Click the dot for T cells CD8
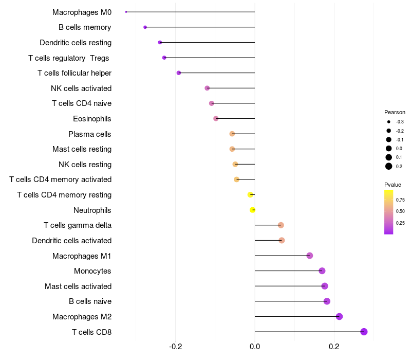pyautogui.click(x=364, y=332)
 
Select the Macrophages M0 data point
pyautogui.click(x=126, y=12)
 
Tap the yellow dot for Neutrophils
pyautogui.click(x=253, y=210)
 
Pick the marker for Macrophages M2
pyautogui.click(x=339, y=316)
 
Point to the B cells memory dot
pyautogui.click(x=145, y=27)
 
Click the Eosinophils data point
pyautogui.click(x=216, y=119)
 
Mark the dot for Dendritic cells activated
pyautogui.click(x=282, y=240)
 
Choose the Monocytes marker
pyautogui.click(x=322, y=271)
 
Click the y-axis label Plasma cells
pyautogui.click(x=90, y=134)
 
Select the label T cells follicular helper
pyautogui.click(x=74, y=73)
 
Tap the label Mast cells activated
pyautogui.click(x=78, y=286)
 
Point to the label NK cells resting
pyautogui.click(x=85, y=165)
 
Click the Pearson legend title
pyautogui.click(x=395, y=112)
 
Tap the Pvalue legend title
pyautogui.click(x=393, y=185)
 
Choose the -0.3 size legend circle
pyautogui.click(x=389, y=122)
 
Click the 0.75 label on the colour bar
pyautogui.click(x=400, y=200)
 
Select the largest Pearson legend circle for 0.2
pyautogui.click(x=389, y=166)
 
